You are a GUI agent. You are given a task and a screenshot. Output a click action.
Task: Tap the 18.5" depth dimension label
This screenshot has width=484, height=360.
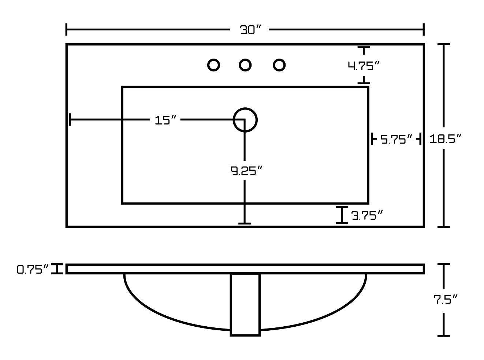[445, 139]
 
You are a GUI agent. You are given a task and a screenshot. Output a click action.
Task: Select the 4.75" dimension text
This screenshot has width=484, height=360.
[363, 66]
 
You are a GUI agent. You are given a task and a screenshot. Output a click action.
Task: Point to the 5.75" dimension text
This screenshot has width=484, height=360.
[396, 140]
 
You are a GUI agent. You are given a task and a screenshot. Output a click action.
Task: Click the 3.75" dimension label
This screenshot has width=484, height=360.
[367, 215]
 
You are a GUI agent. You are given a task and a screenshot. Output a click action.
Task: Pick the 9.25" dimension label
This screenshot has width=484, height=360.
[247, 171]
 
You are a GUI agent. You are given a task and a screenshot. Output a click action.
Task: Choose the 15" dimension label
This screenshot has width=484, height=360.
[165, 120]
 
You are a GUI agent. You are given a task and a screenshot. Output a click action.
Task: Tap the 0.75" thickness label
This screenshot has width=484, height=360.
[33, 270]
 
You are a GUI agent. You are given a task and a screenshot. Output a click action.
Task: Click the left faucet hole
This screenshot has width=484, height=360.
[213, 65]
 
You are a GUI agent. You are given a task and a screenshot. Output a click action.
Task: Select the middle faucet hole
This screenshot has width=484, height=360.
[245, 65]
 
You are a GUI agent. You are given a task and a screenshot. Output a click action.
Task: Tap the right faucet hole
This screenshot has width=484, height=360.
[279, 65]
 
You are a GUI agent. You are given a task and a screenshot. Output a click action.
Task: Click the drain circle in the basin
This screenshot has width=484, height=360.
[245, 120]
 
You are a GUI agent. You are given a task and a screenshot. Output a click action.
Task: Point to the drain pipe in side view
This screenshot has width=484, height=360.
[245, 304]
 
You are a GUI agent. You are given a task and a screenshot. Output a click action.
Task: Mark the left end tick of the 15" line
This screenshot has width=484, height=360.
[70, 119]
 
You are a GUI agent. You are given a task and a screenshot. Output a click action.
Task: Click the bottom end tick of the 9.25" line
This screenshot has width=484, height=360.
[245, 223]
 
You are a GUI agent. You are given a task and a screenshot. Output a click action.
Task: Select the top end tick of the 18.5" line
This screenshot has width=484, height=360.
[444, 44]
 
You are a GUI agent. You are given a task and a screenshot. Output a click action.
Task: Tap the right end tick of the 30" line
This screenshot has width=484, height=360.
[423, 29]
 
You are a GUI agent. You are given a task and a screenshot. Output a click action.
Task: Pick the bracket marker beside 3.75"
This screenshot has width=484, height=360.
[342, 215]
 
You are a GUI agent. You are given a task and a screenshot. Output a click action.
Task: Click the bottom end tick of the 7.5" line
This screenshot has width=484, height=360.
[444, 335]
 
